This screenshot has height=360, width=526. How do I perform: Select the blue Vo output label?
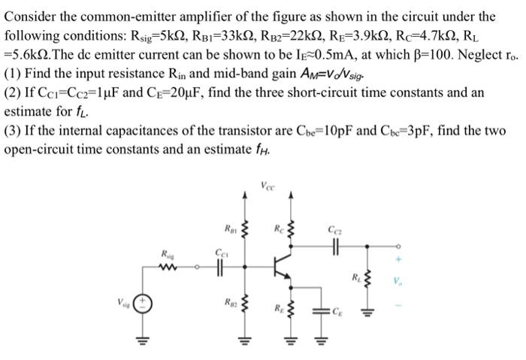[396, 284]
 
